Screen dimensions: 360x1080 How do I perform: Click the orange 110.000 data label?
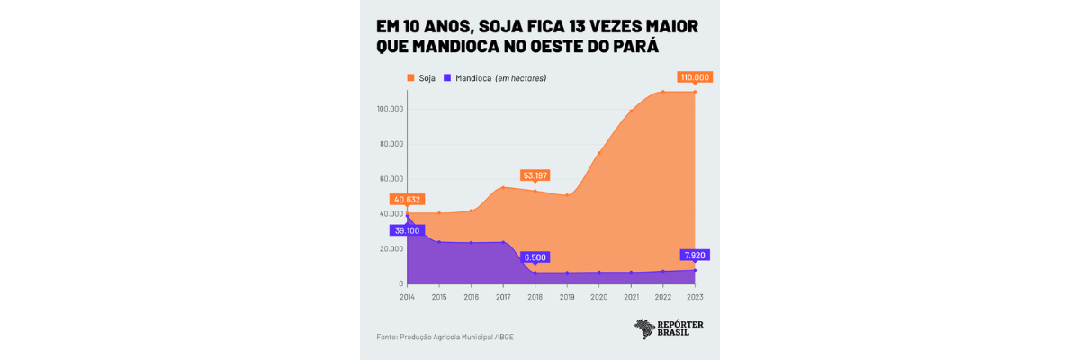pos(695,77)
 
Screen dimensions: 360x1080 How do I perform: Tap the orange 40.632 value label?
pos(407,200)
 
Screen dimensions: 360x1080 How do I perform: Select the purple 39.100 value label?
pos(407,231)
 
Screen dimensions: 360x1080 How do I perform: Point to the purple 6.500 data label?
pos(535,257)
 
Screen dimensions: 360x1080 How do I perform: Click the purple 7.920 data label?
pos(695,256)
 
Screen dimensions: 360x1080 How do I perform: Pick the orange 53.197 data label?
pos(535,175)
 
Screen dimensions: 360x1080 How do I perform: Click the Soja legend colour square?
pos(410,78)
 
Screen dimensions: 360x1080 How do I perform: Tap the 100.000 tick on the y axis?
pos(390,110)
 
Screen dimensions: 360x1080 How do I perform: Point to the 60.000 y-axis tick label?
pos(391,179)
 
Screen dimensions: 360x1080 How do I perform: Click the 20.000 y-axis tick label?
pos(391,249)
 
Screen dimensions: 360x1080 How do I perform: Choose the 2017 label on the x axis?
pos(503,296)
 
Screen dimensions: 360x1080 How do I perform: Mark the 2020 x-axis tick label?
pos(598,296)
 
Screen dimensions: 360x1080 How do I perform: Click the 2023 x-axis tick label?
pos(695,296)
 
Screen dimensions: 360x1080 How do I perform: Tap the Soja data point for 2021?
pos(631,111)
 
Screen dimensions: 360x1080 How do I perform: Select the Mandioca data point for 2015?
pos(439,241)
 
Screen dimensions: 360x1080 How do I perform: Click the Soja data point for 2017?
pos(503,187)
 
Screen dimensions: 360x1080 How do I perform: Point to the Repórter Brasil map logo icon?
pos(645,329)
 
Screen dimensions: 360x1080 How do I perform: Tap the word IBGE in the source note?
pos(504,337)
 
